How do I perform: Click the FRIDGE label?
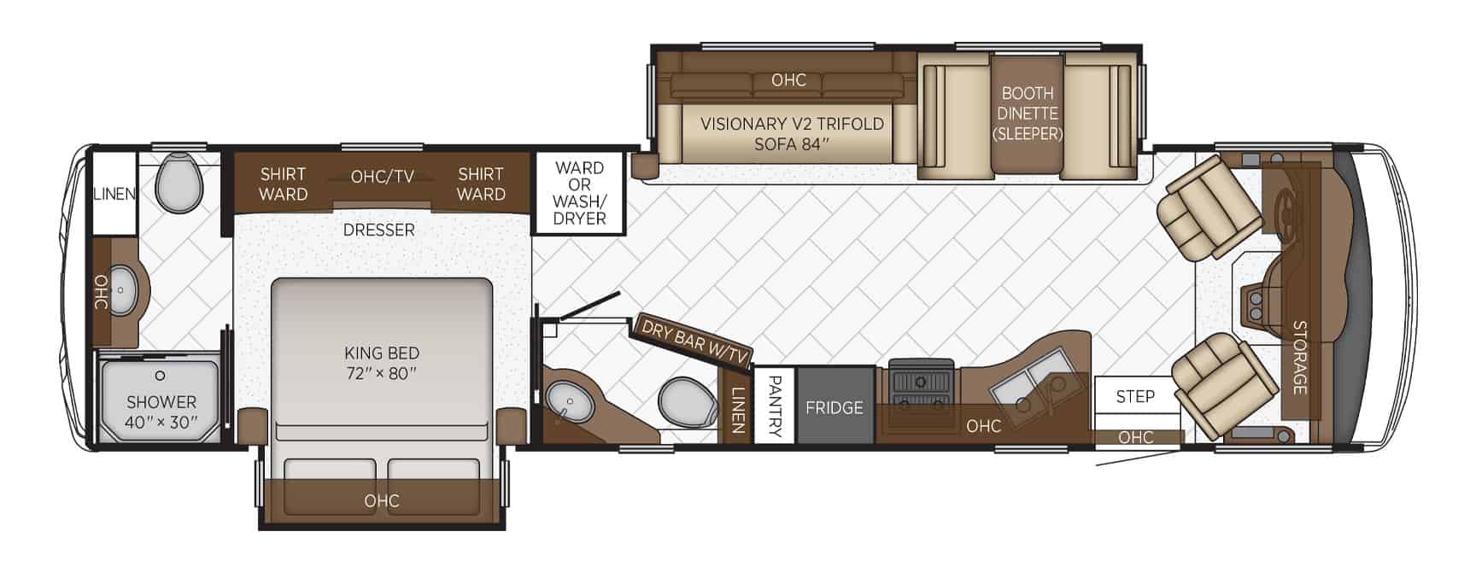coord(834,408)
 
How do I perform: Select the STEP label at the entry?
coord(1135,396)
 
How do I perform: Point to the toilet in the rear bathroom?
coord(180,183)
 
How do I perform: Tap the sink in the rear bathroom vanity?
coord(120,291)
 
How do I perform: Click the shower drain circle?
coord(160,376)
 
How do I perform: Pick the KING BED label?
coord(382,363)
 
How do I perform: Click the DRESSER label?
coord(378,230)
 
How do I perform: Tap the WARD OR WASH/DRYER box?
coord(579,193)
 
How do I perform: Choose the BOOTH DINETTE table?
coord(1028,112)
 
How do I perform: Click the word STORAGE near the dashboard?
coord(1299,357)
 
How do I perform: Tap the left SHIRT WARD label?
coord(283,184)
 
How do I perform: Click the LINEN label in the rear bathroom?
coord(114,194)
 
